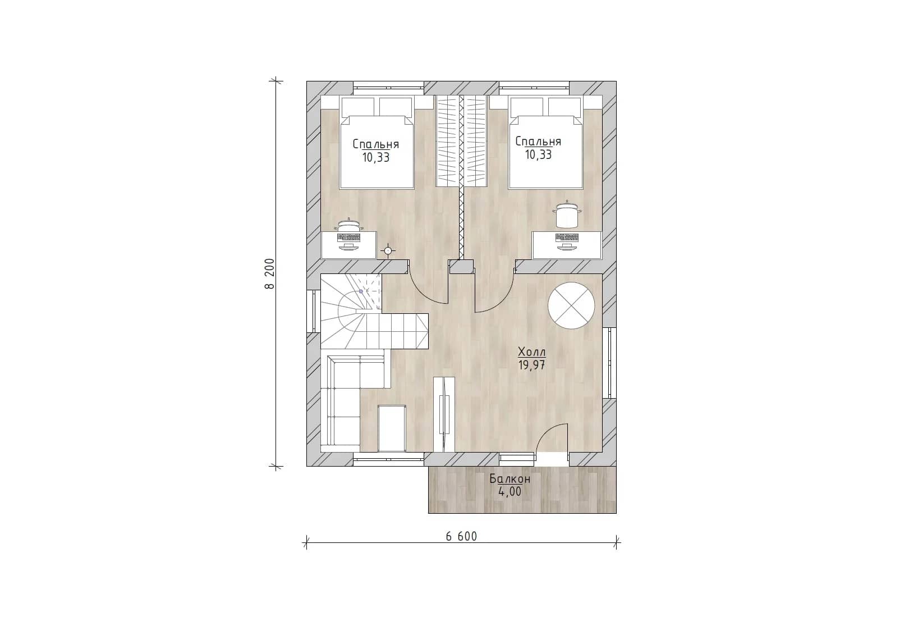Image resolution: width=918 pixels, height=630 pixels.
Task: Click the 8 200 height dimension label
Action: pos(269,273)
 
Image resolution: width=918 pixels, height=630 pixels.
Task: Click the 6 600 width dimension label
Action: pos(461,536)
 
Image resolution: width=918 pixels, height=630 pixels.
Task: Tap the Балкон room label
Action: pos(510,478)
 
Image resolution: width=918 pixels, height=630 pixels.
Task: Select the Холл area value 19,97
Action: pos(532,365)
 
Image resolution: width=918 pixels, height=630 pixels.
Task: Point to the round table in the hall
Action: pos(571,305)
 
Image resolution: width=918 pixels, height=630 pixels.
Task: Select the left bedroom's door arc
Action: pos(422,294)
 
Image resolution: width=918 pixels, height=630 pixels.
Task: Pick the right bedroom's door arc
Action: pos(501,299)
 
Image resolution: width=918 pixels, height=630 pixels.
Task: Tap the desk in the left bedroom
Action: pos(348,245)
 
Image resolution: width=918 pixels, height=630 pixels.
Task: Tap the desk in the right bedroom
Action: pos(567,245)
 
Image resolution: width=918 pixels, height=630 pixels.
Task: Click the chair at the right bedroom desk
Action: pos(567,214)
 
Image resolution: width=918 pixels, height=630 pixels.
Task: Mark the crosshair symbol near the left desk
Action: pos(388,250)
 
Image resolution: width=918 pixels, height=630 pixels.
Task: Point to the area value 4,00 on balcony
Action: pos(510,492)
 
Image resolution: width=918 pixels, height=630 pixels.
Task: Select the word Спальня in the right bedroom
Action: pos(538,141)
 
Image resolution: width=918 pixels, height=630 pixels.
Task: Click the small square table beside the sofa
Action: pos(392,428)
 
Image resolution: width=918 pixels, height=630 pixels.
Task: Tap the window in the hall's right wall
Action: pos(609,363)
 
